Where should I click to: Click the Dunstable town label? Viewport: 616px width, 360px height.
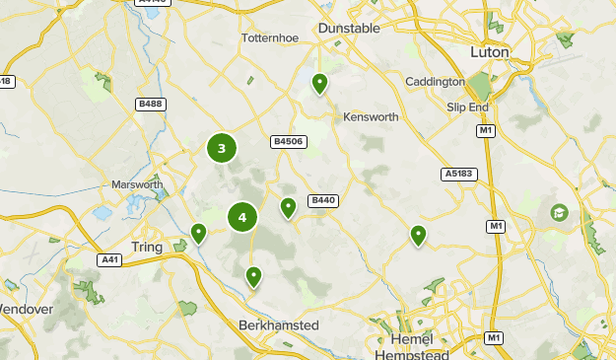349,29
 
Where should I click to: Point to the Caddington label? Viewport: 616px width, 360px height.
435,82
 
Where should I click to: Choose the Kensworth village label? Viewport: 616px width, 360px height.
371,117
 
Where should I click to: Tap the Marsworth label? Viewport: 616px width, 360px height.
137,184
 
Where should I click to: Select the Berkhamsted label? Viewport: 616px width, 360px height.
279,325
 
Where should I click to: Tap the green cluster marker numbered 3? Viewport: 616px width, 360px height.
222,149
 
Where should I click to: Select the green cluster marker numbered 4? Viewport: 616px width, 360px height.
242,217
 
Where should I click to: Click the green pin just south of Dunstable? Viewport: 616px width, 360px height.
319,84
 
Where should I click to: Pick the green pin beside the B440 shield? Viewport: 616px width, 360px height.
288,207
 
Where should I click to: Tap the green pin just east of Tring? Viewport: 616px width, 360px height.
198,234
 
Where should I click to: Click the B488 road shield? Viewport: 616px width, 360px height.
151,104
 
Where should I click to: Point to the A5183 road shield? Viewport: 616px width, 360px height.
458,175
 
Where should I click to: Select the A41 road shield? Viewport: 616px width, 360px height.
110,260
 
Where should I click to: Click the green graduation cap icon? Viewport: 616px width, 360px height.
559,212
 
